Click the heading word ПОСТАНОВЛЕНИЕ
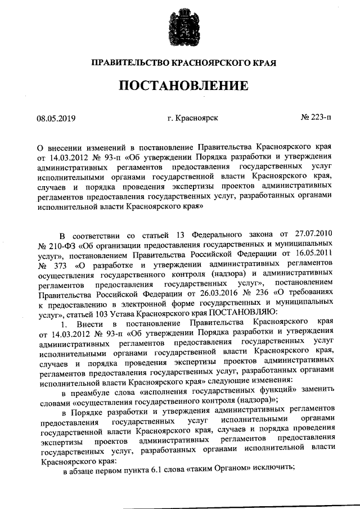[182, 86]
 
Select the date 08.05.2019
[56, 119]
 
